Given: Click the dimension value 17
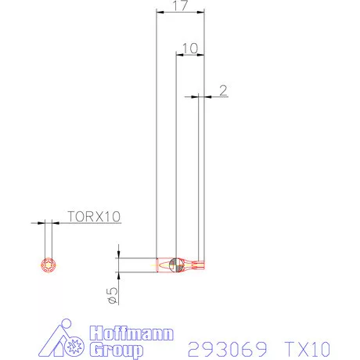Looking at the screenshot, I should tap(180, 6).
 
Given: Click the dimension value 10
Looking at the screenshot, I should tap(189, 49).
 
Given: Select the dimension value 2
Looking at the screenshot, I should tap(223, 90).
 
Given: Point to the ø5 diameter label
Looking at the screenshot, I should tap(112, 293).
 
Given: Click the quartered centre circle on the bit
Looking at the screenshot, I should tap(177, 265).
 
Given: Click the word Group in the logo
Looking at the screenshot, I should tap(114, 348).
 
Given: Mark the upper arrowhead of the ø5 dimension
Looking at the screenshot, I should tap(118, 254).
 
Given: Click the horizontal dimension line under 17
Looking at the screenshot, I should tap(180, 13).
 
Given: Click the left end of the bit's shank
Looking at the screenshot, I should tap(159, 265).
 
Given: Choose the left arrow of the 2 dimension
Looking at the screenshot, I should tap(195, 96).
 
